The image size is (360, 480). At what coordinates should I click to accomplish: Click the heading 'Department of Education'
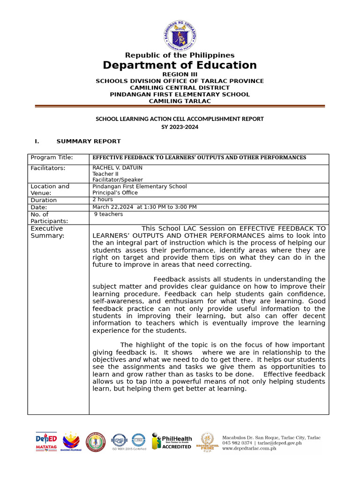click(180, 65)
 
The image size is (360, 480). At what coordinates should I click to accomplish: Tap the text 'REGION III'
click(180, 75)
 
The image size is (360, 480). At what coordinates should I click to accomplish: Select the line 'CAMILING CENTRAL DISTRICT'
click(180, 88)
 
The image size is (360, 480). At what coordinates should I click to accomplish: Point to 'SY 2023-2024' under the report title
click(180, 127)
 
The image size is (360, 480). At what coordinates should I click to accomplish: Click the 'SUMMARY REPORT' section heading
click(89, 141)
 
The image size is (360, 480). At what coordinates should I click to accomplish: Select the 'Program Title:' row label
click(52, 158)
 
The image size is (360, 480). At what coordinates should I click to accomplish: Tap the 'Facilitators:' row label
click(48, 168)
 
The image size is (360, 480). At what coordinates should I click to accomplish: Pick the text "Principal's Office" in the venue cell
click(115, 193)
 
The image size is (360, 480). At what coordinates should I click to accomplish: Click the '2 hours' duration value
click(103, 200)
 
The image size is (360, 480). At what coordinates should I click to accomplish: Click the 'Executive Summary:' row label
click(47, 232)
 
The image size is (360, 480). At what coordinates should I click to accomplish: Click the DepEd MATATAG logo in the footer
click(46, 441)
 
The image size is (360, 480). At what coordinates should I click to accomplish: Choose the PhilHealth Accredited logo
click(171, 441)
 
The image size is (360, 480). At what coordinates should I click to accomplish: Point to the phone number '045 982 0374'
click(237, 443)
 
